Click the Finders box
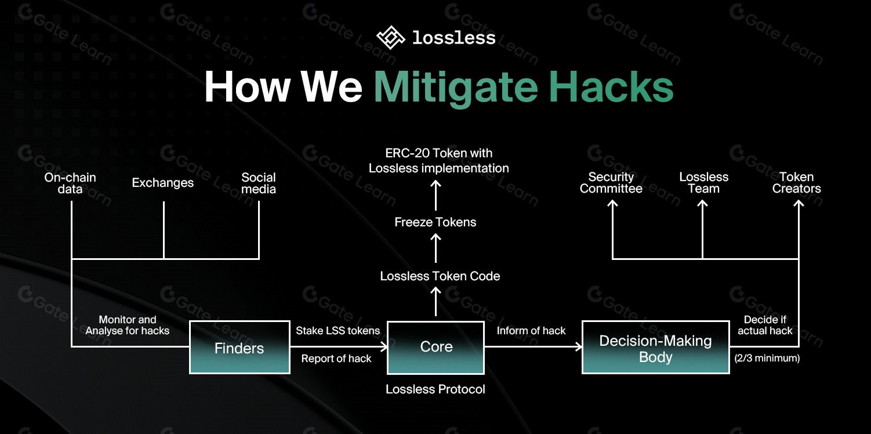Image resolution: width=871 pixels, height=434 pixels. coord(239,348)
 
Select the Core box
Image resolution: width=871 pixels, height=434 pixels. coord(435,347)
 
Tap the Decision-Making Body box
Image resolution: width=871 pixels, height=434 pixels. coord(655,348)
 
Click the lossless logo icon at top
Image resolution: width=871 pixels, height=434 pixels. coord(390,38)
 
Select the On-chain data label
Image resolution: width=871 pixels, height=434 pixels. coord(70,183)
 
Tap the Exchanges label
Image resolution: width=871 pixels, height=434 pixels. coord(163,183)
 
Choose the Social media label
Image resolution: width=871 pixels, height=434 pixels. coord(259,183)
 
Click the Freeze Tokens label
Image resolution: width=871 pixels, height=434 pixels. coord(435,222)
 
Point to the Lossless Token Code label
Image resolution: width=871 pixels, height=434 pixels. coord(440,276)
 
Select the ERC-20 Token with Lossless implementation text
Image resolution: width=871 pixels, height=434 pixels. coord(439,161)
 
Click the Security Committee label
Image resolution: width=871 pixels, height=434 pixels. coord(611,183)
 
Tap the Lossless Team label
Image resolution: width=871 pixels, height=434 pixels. coord(703,183)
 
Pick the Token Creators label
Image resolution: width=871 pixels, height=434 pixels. coord(796,183)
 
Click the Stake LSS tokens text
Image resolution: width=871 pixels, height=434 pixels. coord(337,331)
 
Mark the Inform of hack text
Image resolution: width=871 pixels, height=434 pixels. coord(531,331)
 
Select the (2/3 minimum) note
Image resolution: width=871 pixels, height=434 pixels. coord(767,359)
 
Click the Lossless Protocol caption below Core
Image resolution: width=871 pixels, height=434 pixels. coord(435,389)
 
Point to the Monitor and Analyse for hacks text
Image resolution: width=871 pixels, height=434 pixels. coord(128,325)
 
